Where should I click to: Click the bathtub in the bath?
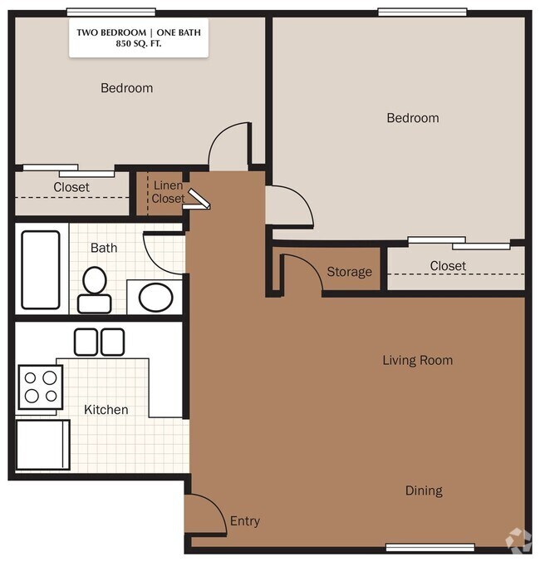pyautogui.click(x=41, y=269)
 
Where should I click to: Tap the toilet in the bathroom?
pyautogui.click(x=95, y=290)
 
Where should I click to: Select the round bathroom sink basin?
pyautogui.click(x=156, y=297)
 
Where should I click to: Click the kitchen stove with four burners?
pyautogui.click(x=41, y=387)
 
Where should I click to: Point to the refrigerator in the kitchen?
pyautogui.click(x=42, y=445)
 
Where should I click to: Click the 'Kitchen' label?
pyautogui.click(x=106, y=410)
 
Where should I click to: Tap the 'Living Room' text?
pyautogui.click(x=418, y=360)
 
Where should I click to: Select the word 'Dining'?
pyautogui.click(x=424, y=491)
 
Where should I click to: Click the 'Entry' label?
pyautogui.click(x=245, y=521)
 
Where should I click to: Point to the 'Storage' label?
pyautogui.click(x=350, y=272)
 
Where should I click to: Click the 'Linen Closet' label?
pyautogui.click(x=168, y=192)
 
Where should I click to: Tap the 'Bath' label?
pyautogui.click(x=104, y=248)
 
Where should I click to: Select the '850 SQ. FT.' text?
pyautogui.click(x=139, y=44)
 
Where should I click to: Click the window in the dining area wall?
pyautogui.click(x=430, y=547)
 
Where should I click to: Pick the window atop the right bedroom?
pyautogui.click(x=423, y=12)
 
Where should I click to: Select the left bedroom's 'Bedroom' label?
pyautogui.click(x=127, y=88)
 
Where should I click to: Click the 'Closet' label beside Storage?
pyautogui.click(x=448, y=266)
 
